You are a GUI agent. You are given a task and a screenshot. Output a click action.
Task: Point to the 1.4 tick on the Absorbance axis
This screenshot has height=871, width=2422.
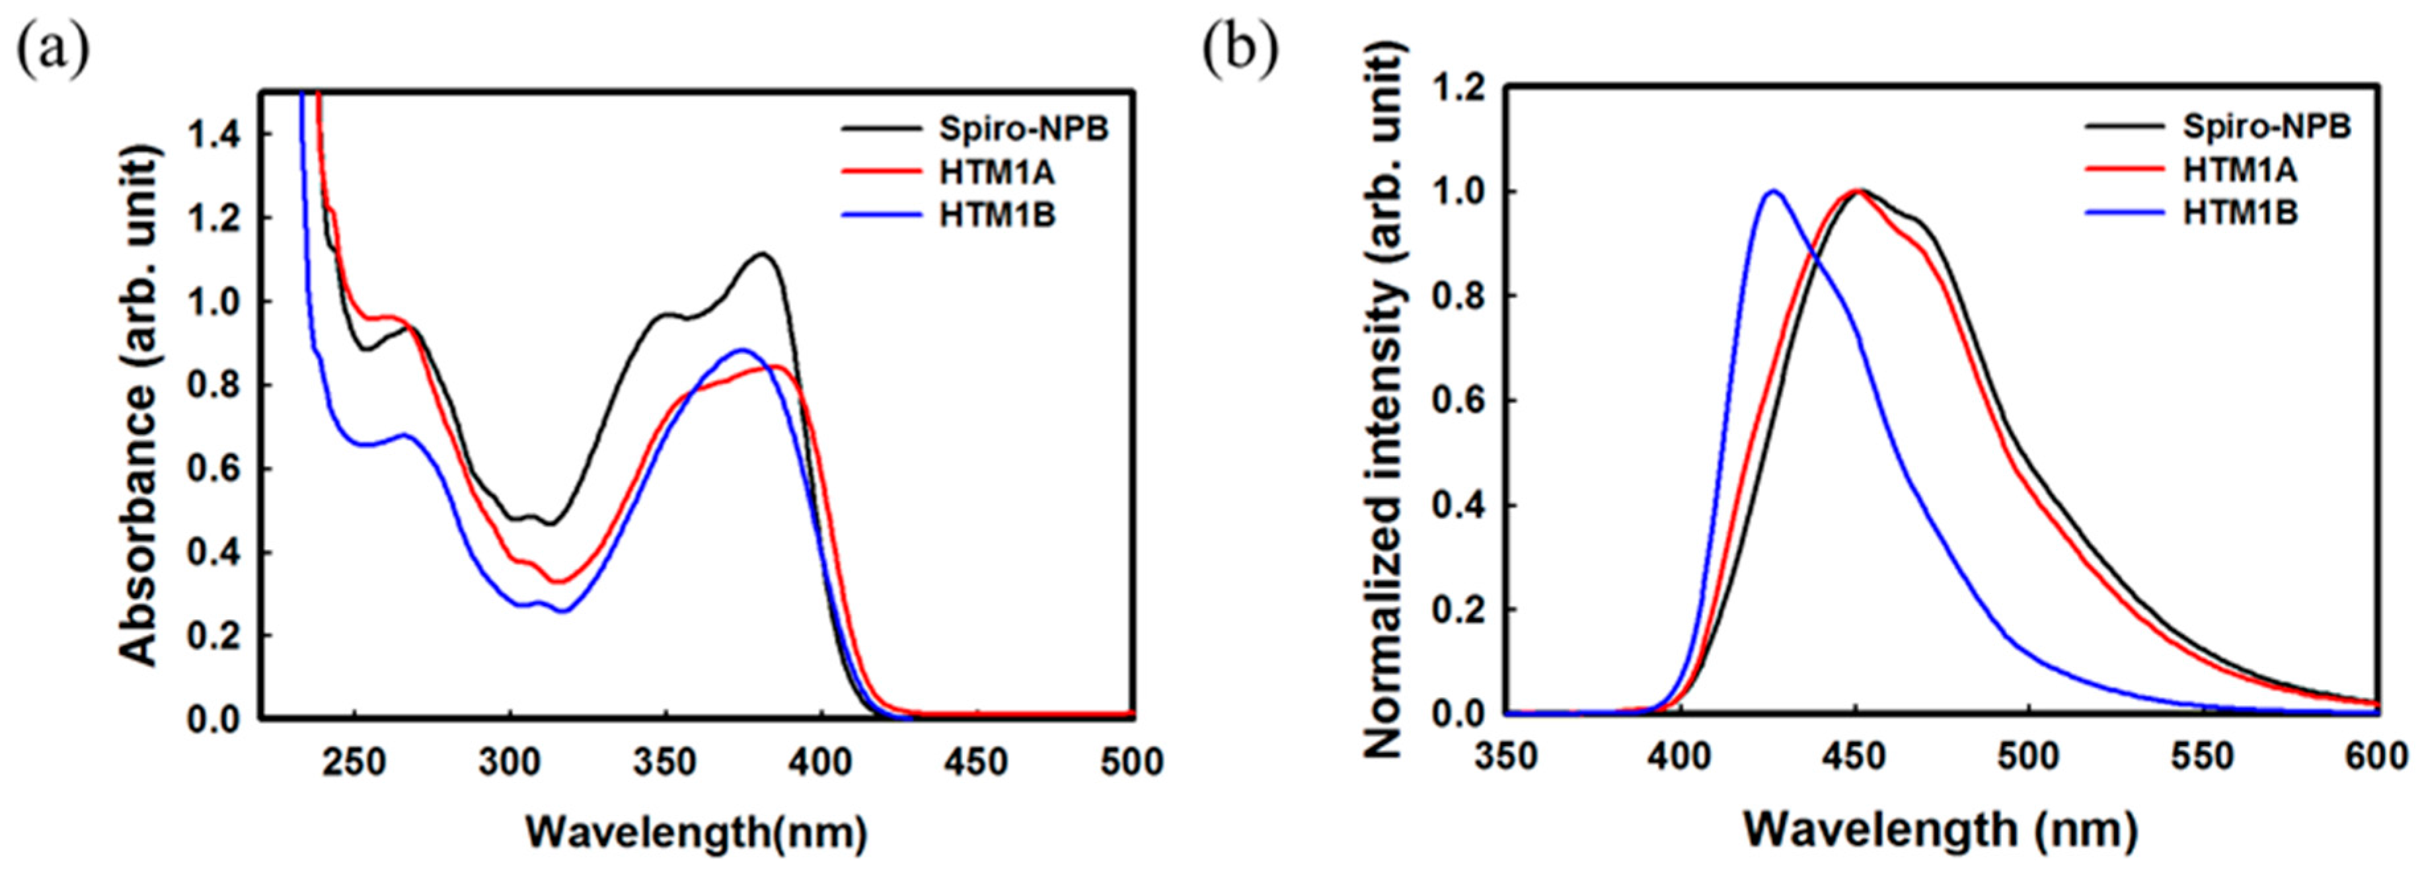click(214, 135)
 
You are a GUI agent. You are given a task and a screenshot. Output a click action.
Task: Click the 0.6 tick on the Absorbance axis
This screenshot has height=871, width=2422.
click(214, 469)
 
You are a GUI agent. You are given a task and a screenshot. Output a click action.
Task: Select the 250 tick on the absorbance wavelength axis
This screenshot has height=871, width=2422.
click(354, 762)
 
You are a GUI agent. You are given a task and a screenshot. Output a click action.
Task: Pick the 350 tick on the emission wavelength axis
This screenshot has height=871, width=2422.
click(1506, 758)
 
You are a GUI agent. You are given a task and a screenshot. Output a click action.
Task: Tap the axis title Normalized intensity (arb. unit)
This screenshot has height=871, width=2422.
click(1382, 404)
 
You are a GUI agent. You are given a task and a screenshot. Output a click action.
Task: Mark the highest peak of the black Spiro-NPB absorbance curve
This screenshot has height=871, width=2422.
click(763, 253)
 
